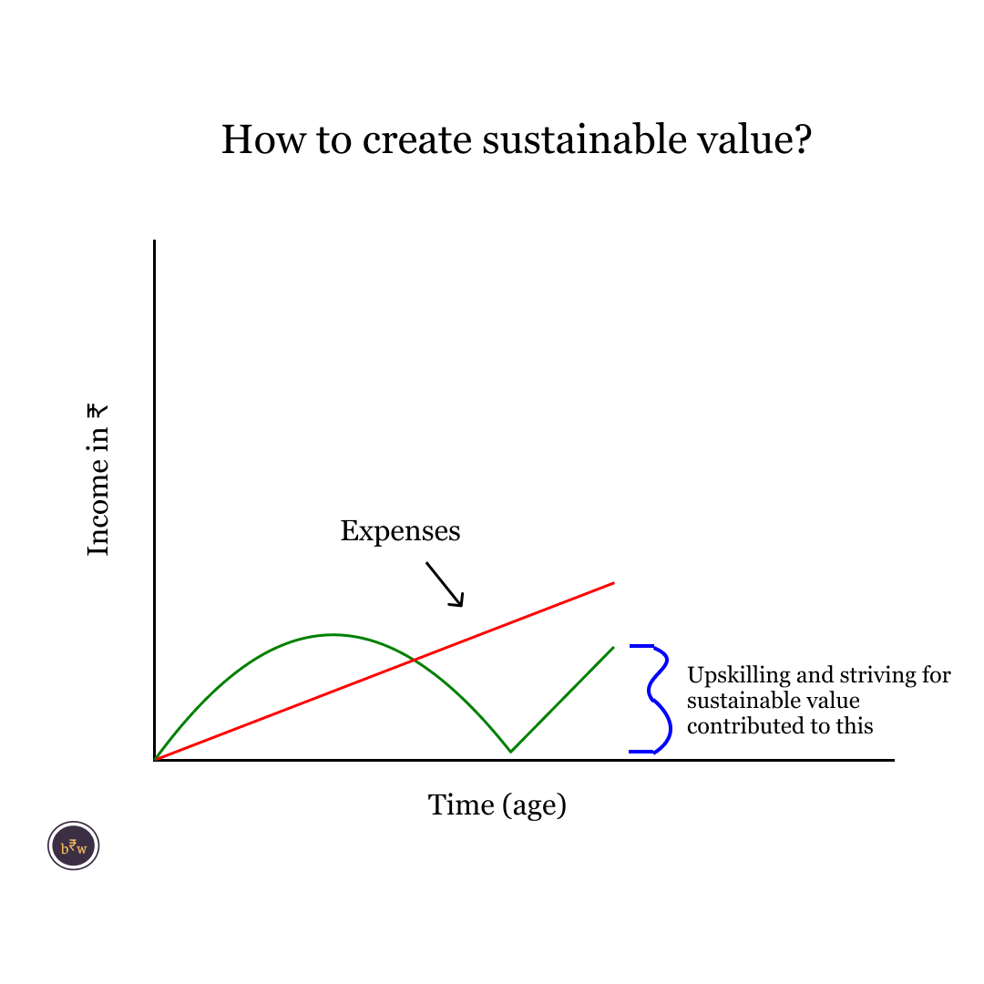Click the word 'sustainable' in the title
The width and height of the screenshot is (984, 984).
pyautogui.click(x=585, y=138)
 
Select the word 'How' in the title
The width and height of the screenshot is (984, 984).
pyautogui.click(x=263, y=138)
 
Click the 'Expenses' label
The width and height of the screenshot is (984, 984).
pyautogui.click(x=400, y=531)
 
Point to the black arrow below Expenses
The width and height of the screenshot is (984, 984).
pyautogui.click(x=445, y=584)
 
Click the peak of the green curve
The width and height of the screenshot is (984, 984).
pyautogui.click(x=333, y=635)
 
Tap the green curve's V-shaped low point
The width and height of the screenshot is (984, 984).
pyautogui.click(x=511, y=751)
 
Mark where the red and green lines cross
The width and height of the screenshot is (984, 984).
pyautogui.click(x=415, y=660)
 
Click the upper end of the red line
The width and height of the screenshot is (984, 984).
pyautogui.click(x=614, y=583)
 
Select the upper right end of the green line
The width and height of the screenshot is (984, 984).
pyautogui.click(x=614, y=647)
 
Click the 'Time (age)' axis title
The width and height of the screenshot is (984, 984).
pyautogui.click(x=497, y=805)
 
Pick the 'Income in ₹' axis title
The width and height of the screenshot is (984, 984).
pyautogui.click(x=97, y=480)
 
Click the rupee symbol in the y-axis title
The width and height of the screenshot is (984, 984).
pyautogui.click(x=97, y=412)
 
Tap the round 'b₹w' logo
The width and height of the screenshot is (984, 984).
pyautogui.click(x=74, y=846)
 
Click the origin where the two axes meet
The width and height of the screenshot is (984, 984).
pyautogui.click(x=154, y=760)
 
